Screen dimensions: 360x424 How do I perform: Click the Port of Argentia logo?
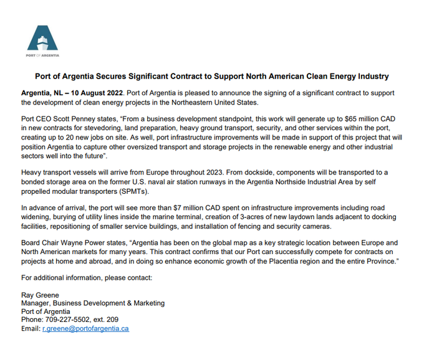click(42, 40)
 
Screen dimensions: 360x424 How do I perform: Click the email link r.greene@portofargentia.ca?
click(85, 328)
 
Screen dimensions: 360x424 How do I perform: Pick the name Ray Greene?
click(39, 295)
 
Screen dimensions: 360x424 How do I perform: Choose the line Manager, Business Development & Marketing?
click(93, 303)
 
